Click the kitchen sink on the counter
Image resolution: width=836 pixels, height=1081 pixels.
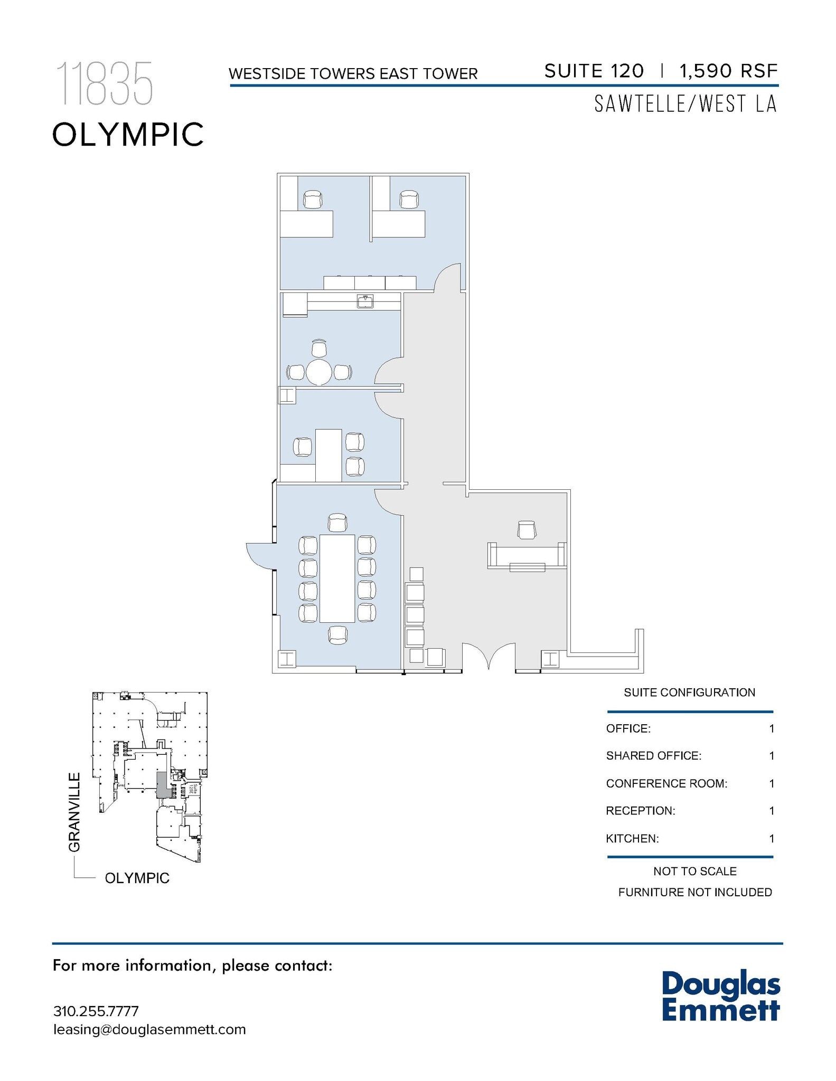pos(365,302)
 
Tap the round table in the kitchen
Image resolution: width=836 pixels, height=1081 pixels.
pos(319,372)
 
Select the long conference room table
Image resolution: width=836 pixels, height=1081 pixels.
pos(337,578)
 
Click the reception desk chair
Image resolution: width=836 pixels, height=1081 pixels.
pos(527,530)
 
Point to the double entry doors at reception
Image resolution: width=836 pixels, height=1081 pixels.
pos(489,656)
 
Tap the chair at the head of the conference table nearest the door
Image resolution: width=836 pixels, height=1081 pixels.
pos(337,523)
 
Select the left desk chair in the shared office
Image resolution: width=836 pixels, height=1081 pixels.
pos(313,200)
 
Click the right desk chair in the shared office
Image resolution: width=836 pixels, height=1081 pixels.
pos(409,200)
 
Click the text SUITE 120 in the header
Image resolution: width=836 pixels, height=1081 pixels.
pos(594,71)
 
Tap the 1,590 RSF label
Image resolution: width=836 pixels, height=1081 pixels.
pos(728,71)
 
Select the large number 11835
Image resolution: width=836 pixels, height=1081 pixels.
pos(104,83)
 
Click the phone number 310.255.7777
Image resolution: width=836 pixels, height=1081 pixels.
pos(96,1011)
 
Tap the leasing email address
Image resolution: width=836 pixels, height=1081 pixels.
pos(149,1029)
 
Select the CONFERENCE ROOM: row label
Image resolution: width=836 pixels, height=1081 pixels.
pos(666,783)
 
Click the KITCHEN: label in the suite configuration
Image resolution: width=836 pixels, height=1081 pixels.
pos(632,838)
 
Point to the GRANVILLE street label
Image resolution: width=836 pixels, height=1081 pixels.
pos(74,812)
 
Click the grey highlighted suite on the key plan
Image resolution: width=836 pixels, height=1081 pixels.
pos(162,784)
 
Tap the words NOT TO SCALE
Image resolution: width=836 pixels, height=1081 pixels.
pos(694,871)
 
